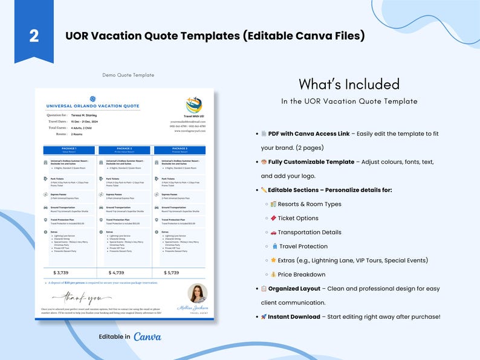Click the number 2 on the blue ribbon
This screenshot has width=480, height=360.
34,36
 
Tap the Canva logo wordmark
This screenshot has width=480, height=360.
148,336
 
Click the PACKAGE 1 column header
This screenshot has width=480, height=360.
70,149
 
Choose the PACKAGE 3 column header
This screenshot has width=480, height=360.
180,149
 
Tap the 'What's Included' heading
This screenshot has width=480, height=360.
349,84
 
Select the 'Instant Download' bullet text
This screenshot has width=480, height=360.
294,317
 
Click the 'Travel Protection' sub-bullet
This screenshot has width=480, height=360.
303,246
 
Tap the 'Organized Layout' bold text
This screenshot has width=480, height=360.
294,289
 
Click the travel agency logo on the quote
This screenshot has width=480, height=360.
194,106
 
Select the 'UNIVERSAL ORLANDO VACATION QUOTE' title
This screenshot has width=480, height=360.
92,106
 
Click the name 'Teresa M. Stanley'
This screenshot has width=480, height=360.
84,115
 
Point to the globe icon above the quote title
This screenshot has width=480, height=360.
92,98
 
